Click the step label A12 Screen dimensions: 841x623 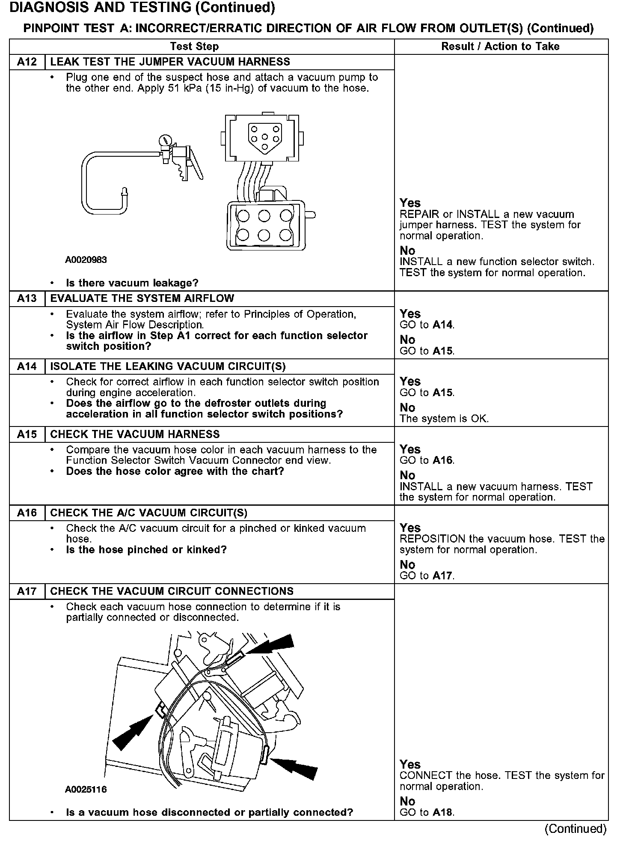coord(27,62)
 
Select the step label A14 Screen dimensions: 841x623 coord(27,367)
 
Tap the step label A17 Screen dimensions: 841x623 coord(27,591)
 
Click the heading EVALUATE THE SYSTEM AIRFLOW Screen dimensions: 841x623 coord(142,298)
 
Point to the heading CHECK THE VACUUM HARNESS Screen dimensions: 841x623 coord(135,434)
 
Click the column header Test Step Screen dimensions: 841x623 coord(194,46)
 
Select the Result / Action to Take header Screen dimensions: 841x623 coord(500,46)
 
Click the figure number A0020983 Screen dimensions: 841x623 coord(86,260)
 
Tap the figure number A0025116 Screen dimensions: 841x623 coord(86,789)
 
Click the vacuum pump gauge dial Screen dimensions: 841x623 coord(165,140)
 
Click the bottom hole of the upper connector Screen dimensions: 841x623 coord(265,147)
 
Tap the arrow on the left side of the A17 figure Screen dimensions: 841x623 coord(133,733)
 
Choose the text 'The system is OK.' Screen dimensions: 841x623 coord(444,419)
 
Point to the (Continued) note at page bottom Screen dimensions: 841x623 coord(575,829)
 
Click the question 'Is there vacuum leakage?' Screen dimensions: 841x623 coord(132,283)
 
